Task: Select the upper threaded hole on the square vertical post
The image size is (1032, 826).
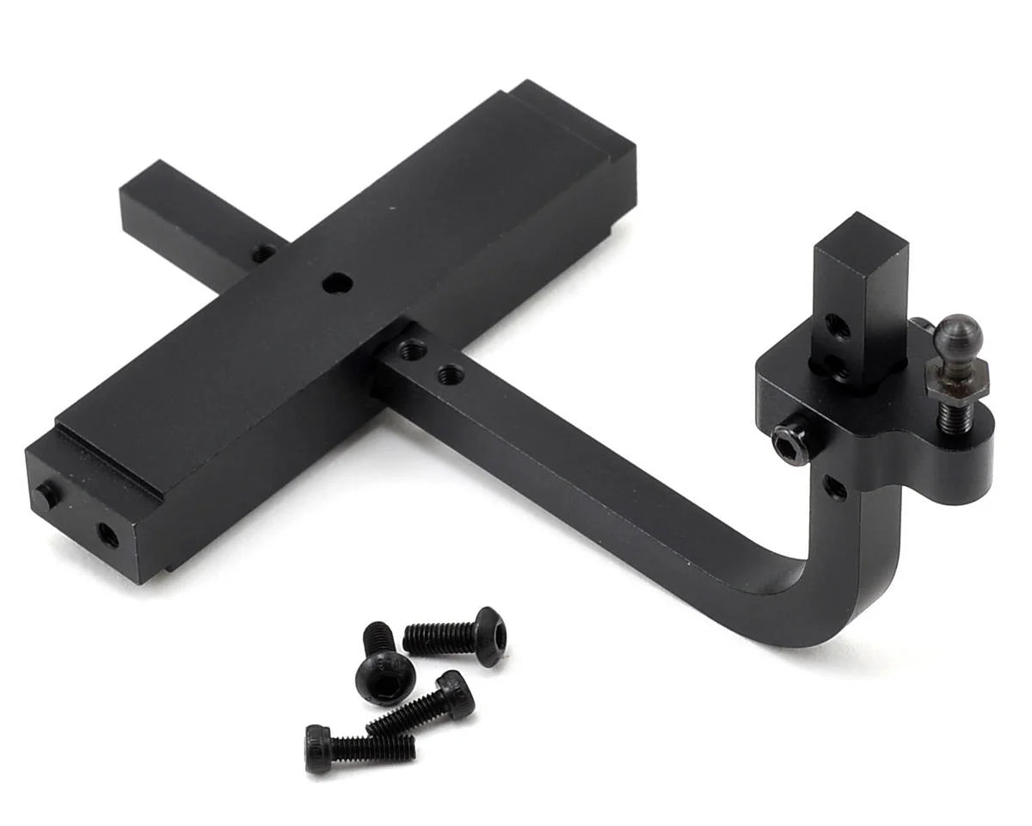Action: pos(836,326)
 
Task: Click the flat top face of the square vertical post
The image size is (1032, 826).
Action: pos(861,235)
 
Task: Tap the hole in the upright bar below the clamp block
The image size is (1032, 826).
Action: pos(834,486)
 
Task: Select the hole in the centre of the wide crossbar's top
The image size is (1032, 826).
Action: pos(337,283)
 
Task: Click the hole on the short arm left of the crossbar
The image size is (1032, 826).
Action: pos(263,254)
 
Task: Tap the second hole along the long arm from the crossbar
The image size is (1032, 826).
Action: pos(448,375)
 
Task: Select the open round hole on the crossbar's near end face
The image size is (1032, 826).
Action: pos(108,535)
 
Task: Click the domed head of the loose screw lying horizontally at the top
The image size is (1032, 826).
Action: pos(488,636)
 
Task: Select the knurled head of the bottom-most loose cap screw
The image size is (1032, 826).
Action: pos(318,749)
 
